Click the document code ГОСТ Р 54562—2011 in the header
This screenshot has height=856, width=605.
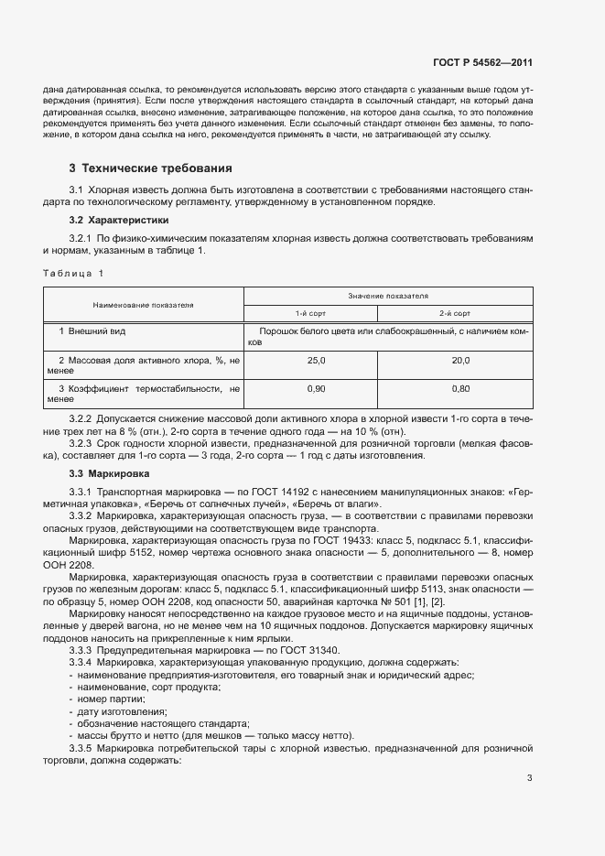tap(481, 63)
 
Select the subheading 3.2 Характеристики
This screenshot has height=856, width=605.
tap(119, 221)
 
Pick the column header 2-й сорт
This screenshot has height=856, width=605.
tap(460, 312)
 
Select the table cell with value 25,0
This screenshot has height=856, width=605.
tap(317, 361)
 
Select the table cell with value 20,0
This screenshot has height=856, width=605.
tap(460, 361)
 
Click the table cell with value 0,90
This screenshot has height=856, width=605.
tap(317, 389)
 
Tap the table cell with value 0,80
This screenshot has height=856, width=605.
tap(460, 389)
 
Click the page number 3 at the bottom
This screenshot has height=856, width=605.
tap(529, 779)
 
